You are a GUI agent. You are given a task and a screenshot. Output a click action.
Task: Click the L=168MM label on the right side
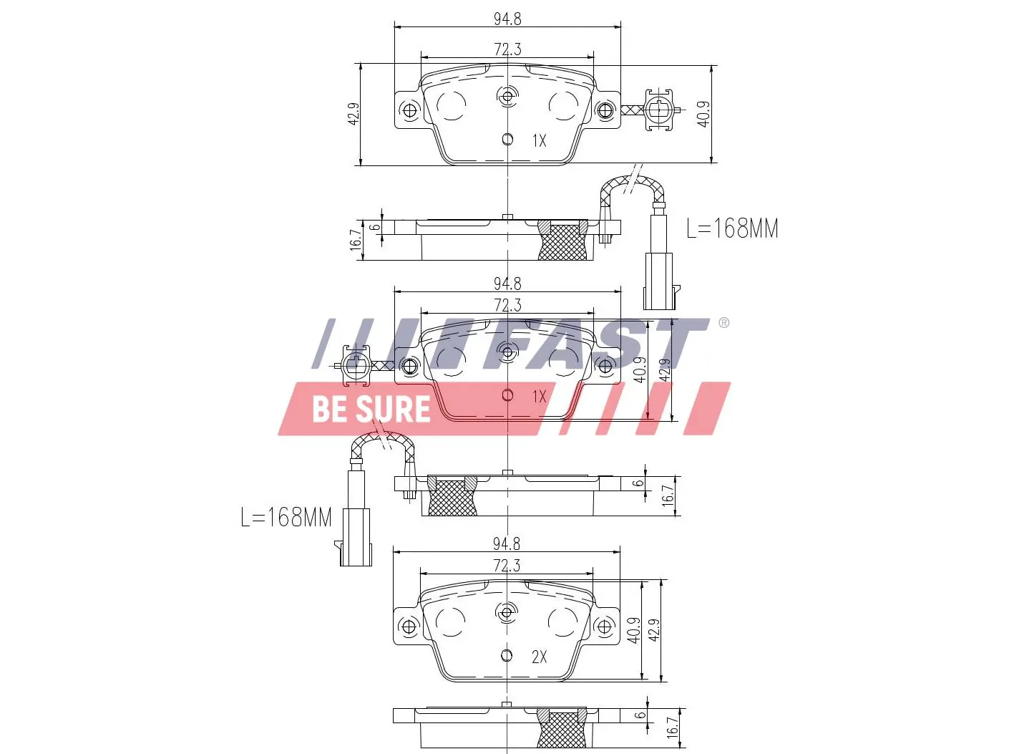click(x=731, y=228)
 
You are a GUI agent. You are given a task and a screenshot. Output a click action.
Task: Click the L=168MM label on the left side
click(x=286, y=517)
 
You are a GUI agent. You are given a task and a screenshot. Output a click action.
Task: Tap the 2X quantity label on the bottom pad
click(x=539, y=657)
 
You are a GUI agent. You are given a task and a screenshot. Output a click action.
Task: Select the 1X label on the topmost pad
click(x=539, y=141)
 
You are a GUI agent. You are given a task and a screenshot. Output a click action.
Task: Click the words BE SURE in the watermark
click(x=371, y=409)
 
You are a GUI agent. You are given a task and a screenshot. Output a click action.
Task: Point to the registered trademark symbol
click(x=723, y=323)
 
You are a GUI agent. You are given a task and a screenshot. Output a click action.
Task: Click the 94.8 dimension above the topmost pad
click(x=507, y=19)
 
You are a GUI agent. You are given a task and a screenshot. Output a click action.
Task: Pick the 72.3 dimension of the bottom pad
click(x=507, y=566)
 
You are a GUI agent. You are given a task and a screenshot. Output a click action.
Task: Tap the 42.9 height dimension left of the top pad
click(x=353, y=115)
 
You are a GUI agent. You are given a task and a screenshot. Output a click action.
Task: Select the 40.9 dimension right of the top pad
click(x=703, y=115)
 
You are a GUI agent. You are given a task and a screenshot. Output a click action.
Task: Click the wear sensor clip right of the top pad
click(x=658, y=110)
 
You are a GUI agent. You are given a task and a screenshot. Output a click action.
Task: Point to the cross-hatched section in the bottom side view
click(x=562, y=729)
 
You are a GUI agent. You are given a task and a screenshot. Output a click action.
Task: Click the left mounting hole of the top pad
click(x=410, y=110)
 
